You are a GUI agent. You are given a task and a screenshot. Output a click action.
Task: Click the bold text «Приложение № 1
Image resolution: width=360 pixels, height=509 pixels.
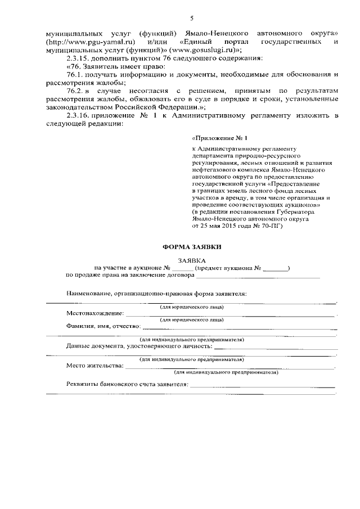click(x=220, y=137)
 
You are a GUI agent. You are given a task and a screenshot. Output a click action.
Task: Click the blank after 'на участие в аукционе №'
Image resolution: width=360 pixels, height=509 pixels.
click(x=183, y=269)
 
